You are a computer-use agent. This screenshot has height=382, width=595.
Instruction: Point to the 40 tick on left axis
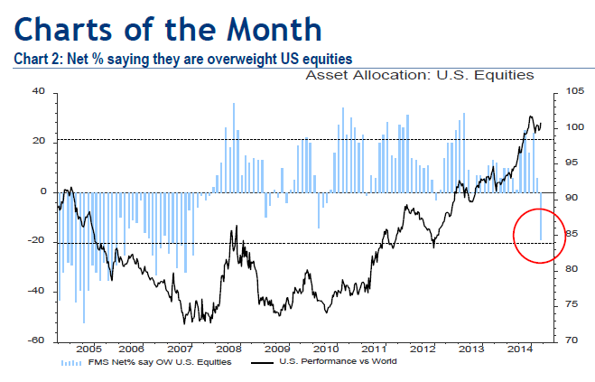coord(38,91)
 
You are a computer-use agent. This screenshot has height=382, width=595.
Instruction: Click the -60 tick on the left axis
coord(36,340)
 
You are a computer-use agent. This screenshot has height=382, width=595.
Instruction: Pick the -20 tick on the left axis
coord(36,242)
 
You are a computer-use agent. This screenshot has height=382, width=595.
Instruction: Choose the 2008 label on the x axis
coord(228,349)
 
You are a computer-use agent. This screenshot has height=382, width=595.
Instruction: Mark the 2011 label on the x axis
coord(373,349)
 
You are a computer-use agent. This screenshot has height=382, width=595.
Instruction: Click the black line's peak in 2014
coord(531,116)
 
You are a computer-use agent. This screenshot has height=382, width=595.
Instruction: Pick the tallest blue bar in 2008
coord(234,104)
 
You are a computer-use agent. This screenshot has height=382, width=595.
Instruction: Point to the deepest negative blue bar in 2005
coord(83,321)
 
